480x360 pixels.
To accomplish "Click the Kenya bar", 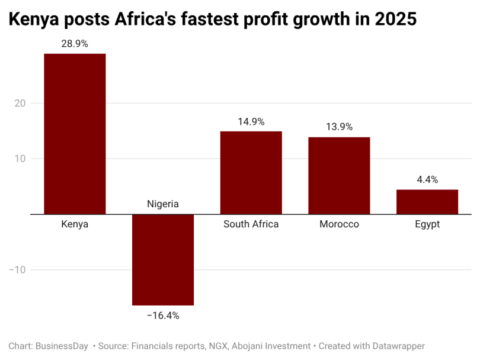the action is click(x=75, y=134).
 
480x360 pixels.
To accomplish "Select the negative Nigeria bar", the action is click(x=163, y=260).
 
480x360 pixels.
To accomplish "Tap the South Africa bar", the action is click(x=251, y=173).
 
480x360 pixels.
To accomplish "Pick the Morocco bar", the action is click(x=339, y=176).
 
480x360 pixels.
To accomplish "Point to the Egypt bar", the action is click(x=427, y=202).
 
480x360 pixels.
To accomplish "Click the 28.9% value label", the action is click(x=75, y=44).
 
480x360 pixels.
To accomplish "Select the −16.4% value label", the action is click(x=163, y=316).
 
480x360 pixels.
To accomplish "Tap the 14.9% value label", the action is click(x=251, y=122).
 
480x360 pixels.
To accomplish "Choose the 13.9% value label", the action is click(x=339, y=127).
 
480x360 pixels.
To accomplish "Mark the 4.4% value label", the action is click(x=427, y=179).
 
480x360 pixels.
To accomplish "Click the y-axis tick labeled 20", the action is click(x=20, y=103).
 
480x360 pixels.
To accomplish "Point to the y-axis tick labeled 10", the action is click(x=20, y=159).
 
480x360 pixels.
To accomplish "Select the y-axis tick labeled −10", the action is click(x=17, y=270).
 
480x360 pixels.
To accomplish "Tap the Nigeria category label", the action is click(x=163, y=204).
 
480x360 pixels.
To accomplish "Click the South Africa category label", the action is click(x=251, y=224).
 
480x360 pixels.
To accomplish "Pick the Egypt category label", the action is click(x=427, y=224).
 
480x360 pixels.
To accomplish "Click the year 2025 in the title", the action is click(x=395, y=19).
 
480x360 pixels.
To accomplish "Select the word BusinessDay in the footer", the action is click(x=62, y=346).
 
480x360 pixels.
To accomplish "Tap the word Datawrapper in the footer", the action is click(x=399, y=346).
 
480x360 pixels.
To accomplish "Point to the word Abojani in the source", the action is click(x=247, y=346).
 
